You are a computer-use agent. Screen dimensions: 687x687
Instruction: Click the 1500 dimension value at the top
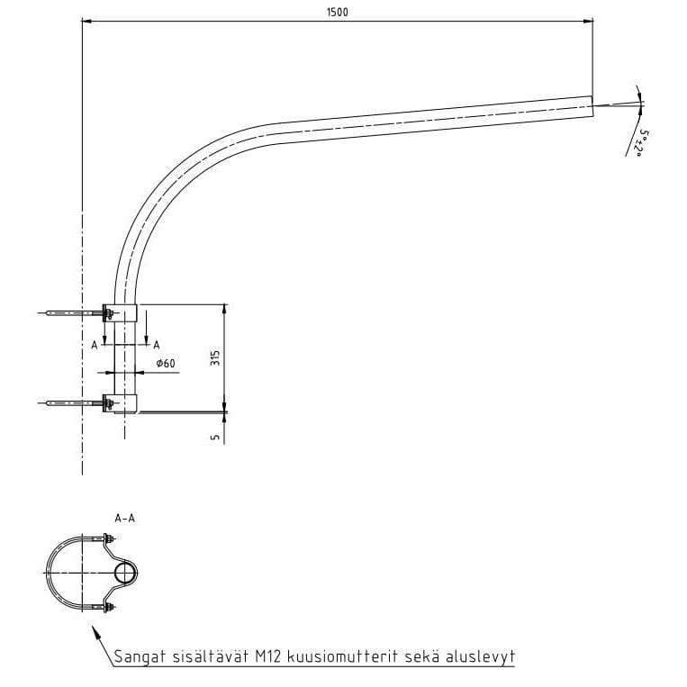pyautogui.click(x=338, y=12)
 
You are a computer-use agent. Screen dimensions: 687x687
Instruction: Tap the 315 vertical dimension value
pyautogui.click(x=214, y=357)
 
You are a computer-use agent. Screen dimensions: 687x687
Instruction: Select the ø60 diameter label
pyautogui.click(x=165, y=363)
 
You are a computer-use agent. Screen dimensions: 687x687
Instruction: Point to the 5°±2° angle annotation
pyautogui.click(x=644, y=142)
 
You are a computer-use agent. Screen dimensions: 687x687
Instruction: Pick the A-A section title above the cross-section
pyautogui.click(x=125, y=518)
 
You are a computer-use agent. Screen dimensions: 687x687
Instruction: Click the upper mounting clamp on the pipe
pyautogui.click(x=122, y=313)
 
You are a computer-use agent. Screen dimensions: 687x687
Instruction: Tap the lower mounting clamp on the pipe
pyautogui.click(x=122, y=403)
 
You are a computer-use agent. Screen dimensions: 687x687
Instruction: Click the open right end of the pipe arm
pyautogui.click(x=592, y=105)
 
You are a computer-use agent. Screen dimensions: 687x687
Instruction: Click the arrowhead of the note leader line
pyautogui.click(x=95, y=632)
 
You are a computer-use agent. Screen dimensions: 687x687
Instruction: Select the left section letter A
pyautogui.click(x=94, y=344)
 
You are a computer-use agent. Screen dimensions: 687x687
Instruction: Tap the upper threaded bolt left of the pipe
pyautogui.click(x=72, y=313)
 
